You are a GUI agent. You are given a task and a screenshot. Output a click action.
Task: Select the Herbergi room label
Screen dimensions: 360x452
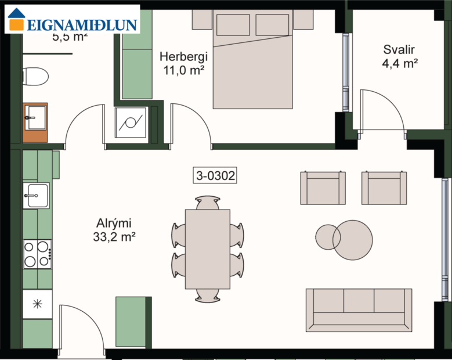[x=183, y=57]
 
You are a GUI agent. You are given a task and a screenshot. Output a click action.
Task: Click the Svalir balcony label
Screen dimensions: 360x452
[x=400, y=49]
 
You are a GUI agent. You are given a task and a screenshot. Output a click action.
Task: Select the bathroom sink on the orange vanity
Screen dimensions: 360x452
[x=35, y=118]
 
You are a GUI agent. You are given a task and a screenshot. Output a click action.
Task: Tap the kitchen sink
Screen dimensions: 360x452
[x=35, y=196]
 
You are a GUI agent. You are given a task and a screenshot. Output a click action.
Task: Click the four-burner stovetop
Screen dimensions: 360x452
[x=37, y=254]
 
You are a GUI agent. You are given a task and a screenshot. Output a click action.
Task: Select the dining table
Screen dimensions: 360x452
[x=207, y=249]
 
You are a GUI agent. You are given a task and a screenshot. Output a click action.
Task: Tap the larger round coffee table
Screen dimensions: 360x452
[x=353, y=239]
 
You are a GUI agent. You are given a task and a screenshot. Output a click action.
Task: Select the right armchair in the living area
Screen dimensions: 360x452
[x=384, y=188]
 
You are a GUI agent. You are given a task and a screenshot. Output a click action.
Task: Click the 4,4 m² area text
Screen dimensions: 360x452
[x=400, y=64]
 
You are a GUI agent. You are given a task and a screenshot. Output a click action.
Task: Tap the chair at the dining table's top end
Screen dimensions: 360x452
[x=207, y=203]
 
